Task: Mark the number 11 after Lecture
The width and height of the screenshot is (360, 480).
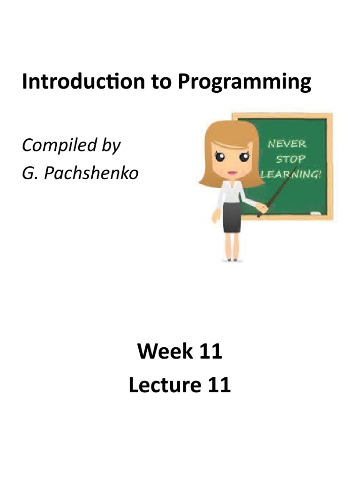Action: tap(218, 385)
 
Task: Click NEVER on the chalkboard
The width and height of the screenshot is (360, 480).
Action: tap(286, 143)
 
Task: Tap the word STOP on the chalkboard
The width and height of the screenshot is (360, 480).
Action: tap(290, 158)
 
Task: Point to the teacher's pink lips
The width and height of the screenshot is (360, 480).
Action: tap(231, 172)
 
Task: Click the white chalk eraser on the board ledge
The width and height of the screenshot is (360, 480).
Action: tap(316, 214)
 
